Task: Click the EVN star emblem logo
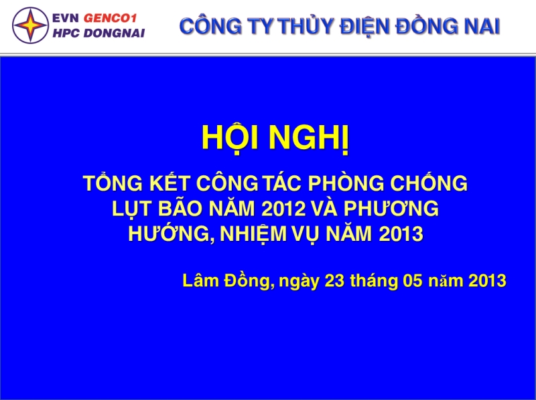click(x=30, y=25)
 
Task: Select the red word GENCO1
click(x=110, y=18)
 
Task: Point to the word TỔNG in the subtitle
click(x=113, y=182)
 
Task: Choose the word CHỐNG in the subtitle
click(x=429, y=182)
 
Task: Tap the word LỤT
click(x=132, y=209)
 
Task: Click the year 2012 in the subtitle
click(x=283, y=209)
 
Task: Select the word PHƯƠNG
click(x=391, y=208)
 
